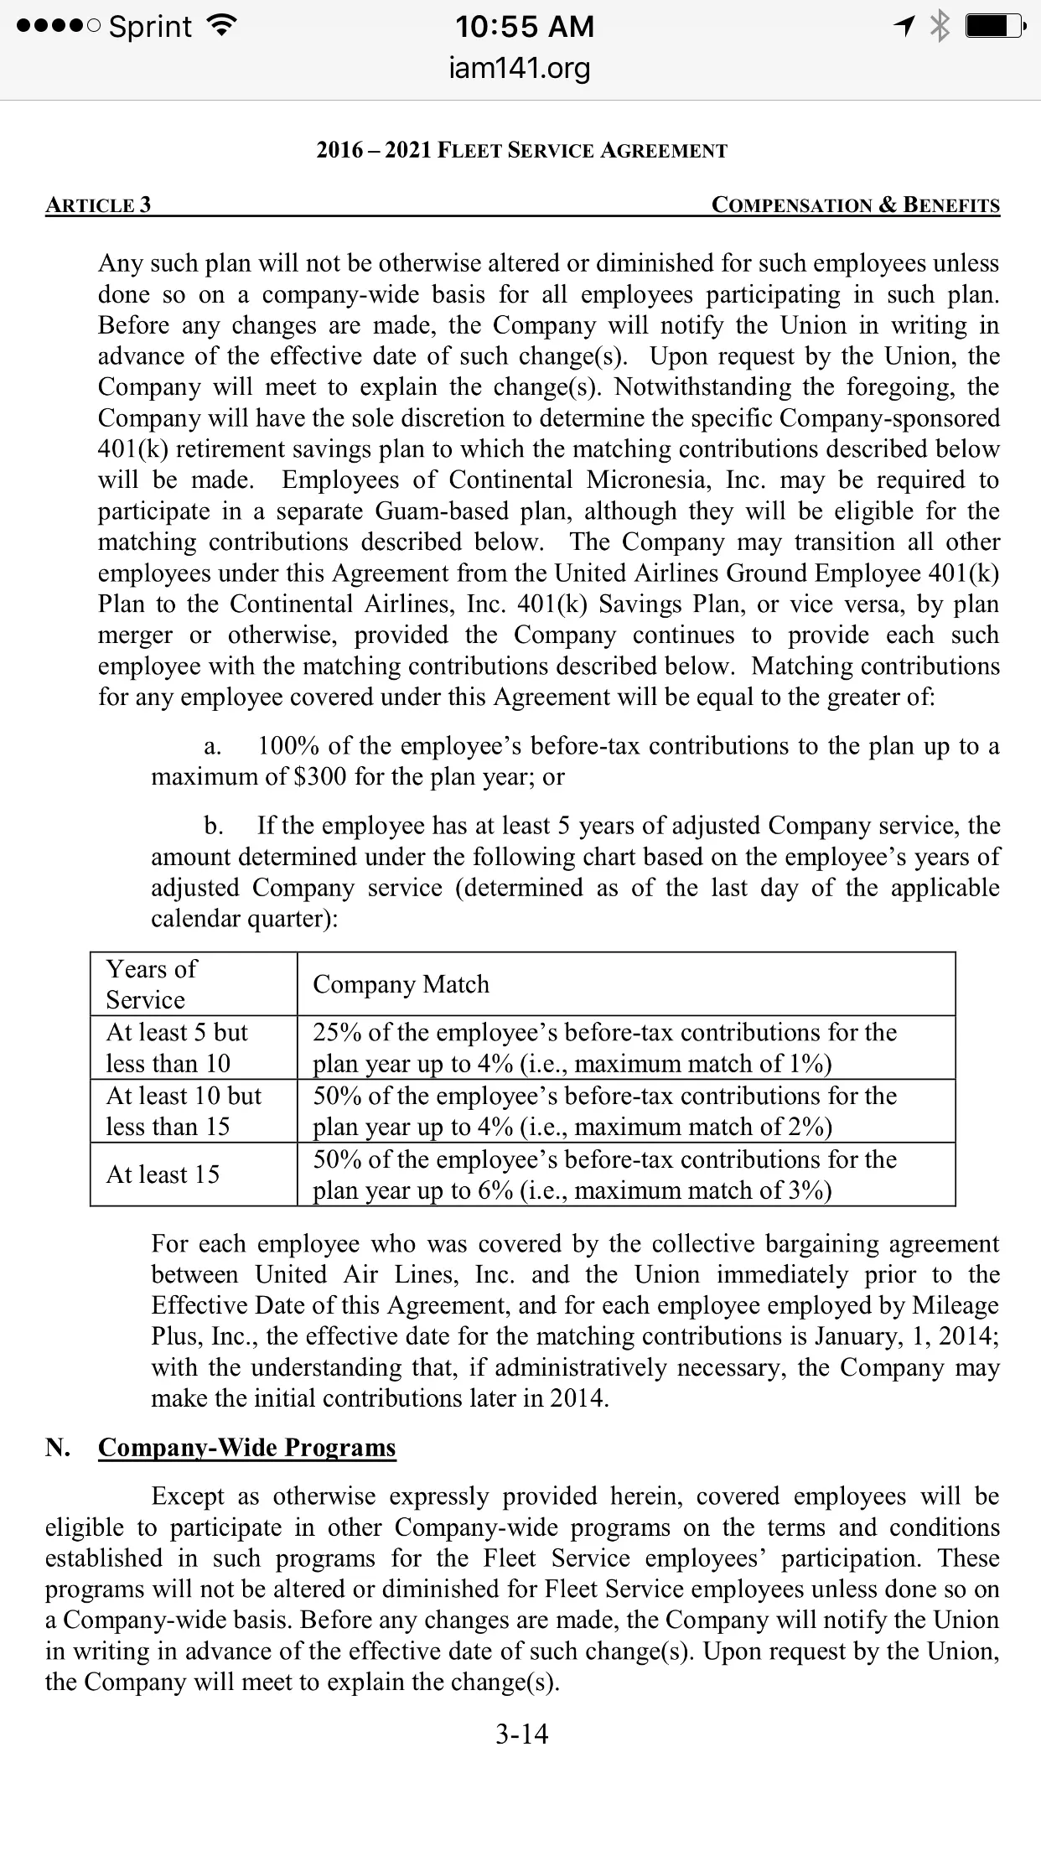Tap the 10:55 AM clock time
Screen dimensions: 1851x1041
(525, 27)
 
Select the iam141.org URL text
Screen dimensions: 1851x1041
(520, 68)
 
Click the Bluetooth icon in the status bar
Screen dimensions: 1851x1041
(941, 27)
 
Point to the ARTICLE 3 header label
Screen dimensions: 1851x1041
(98, 205)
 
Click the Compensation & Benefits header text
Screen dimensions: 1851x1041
(855, 205)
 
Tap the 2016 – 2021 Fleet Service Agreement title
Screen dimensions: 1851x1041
(521, 151)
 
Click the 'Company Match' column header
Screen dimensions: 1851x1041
(401, 984)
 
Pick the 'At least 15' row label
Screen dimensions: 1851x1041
(163, 1174)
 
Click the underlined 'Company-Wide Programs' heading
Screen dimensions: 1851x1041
(246, 1448)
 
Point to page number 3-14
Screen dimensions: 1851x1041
(521, 1734)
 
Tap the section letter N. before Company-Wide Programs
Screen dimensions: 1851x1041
(58, 1448)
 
